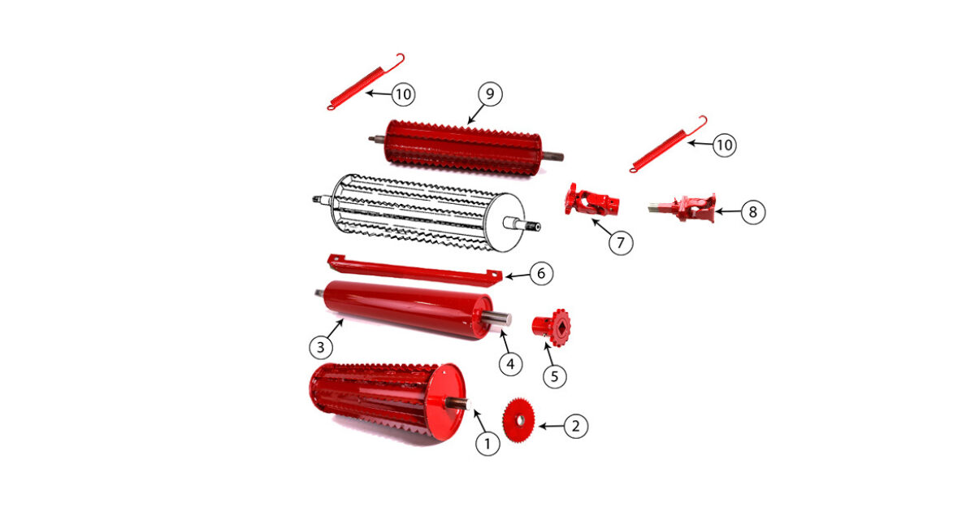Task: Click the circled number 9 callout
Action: click(490, 94)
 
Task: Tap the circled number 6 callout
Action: click(541, 273)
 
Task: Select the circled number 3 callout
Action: click(321, 348)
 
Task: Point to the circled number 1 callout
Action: click(487, 444)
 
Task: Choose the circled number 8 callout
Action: click(753, 212)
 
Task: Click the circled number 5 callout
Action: click(554, 376)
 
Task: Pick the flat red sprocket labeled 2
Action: click(518, 420)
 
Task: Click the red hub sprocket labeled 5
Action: click(552, 328)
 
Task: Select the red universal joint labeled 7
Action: click(592, 200)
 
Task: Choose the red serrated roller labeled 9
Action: click(465, 148)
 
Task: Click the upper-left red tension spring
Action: click(366, 81)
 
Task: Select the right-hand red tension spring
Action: click(668, 144)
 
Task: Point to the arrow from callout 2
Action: click(552, 426)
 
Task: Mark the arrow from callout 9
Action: click(476, 114)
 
